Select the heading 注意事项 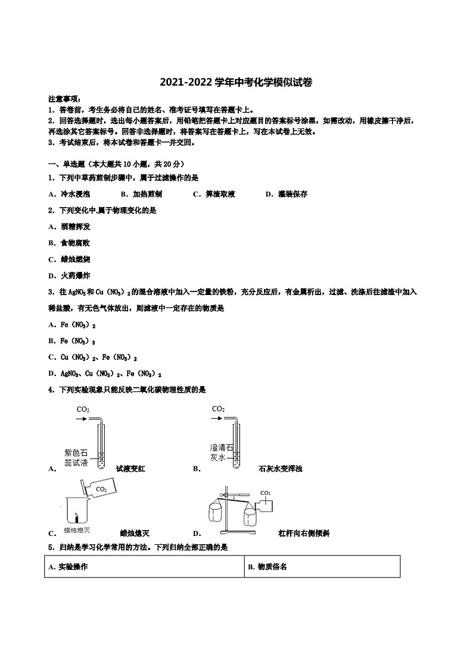65,99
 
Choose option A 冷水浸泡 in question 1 70,194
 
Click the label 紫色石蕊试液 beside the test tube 76,457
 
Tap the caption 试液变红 130,469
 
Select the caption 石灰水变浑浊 281,469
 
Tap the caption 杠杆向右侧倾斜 304,533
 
